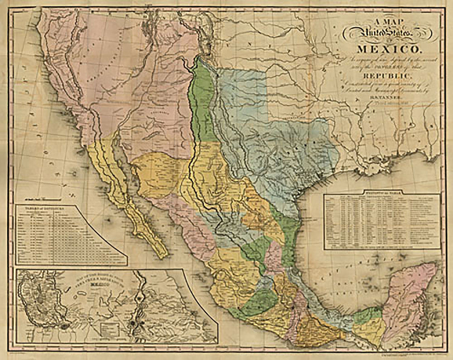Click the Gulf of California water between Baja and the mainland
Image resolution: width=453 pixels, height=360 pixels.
tap(132, 189)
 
